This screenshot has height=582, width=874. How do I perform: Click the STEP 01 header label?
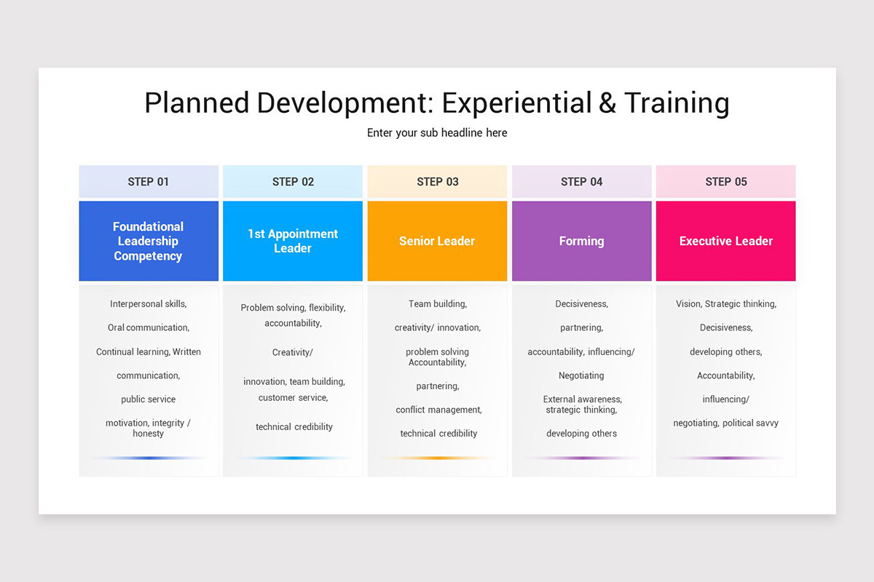(148, 182)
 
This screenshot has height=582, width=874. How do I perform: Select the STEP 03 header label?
(437, 182)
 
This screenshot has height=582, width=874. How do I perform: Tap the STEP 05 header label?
(725, 182)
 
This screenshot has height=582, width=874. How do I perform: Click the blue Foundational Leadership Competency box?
(149, 241)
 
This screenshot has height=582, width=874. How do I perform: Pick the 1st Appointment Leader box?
(292, 241)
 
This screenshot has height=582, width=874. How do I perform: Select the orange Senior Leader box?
(437, 241)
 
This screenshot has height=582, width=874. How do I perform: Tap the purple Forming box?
(581, 241)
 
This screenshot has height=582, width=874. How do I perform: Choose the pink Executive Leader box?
(725, 241)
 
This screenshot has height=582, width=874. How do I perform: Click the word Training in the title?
(677, 103)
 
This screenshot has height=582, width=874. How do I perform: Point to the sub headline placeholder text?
(437, 133)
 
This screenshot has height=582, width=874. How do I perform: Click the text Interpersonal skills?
(148, 304)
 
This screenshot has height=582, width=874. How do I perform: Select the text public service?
(148, 399)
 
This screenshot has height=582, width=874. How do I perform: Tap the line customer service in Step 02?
(293, 398)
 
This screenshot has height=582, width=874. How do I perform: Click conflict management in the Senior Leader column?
(438, 410)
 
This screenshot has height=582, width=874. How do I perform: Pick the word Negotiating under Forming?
(581, 375)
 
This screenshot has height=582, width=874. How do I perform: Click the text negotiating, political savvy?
(725, 423)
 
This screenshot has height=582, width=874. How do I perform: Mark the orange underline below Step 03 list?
(437, 458)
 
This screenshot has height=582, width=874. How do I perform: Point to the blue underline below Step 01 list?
(149, 458)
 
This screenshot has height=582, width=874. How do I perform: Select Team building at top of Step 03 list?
(437, 304)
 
